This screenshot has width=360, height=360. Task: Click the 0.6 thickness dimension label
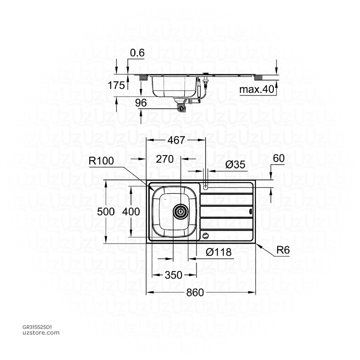pos(137,53)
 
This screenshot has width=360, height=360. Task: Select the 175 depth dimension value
pos(117,85)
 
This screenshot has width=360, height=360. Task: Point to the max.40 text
pos(256,90)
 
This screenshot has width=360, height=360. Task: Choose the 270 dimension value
pos(165,159)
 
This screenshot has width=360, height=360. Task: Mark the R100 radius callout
pos(101,161)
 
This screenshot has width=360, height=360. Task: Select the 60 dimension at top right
pos(278,159)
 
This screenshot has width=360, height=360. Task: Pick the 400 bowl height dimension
pos(132,211)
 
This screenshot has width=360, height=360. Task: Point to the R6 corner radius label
pos(283,250)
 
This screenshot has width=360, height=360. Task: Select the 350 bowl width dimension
pos(174,275)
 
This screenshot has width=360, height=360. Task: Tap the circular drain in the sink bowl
pos(180,212)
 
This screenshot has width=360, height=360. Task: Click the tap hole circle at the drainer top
pos(206,186)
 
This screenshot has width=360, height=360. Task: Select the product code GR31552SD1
pos(37,327)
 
